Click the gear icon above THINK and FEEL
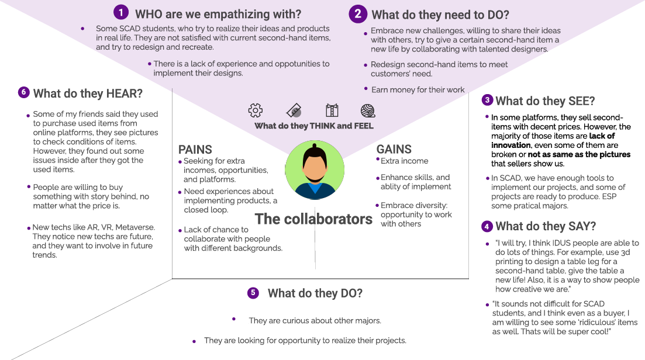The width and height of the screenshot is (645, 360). (256, 110)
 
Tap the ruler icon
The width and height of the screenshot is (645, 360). (294, 110)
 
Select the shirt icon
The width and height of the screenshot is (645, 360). (332, 110)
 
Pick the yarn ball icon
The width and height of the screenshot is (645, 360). (367, 110)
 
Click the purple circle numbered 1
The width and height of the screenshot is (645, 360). (120, 12)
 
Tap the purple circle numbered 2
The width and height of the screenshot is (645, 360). (357, 13)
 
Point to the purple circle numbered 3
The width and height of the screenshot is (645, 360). (487, 100)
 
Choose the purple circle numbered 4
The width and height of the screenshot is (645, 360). (487, 226)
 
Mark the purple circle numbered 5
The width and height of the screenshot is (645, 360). (253, 293)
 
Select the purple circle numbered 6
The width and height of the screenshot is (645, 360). (23, 92)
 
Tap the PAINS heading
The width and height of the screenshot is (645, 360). (195, 150)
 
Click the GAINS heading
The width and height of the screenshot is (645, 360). (394, 149)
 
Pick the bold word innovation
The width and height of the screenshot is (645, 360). (511, 145)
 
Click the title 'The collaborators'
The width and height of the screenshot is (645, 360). (313, 219)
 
